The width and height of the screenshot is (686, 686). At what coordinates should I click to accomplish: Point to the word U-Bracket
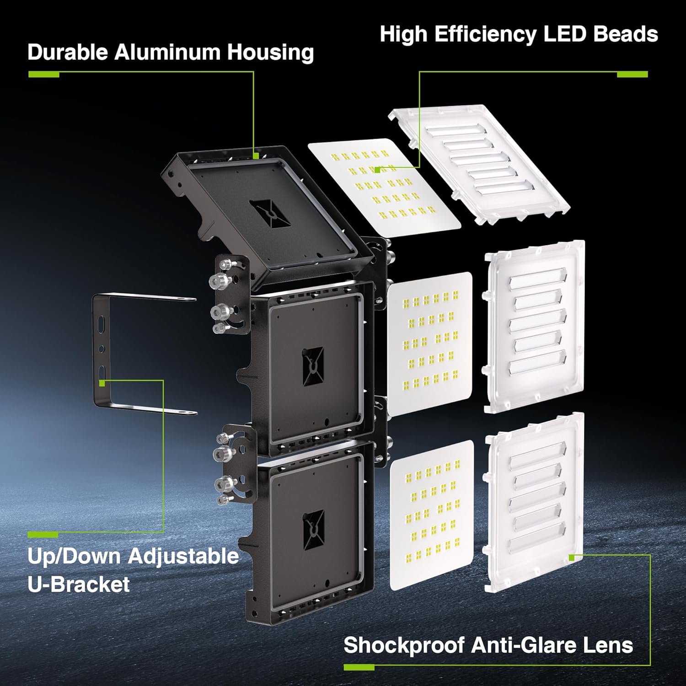(x=79, y=584)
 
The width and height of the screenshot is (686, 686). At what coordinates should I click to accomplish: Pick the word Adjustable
(x=183, y=556)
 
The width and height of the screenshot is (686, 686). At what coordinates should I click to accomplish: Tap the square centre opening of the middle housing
(x=313, y=366)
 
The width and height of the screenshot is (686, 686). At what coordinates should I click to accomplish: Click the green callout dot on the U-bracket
(x=102, y=382)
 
